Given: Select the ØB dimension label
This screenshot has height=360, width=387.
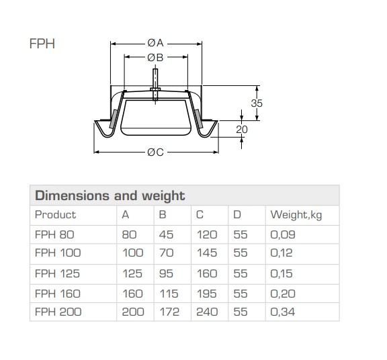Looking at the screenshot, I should click(156, 58).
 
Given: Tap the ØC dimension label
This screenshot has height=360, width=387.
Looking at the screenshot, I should click(156, 152).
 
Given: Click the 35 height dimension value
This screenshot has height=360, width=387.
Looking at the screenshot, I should click(257, 103).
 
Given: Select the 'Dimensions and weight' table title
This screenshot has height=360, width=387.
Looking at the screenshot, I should click(109, 196).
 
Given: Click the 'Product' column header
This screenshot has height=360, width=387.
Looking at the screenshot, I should click(55, 215).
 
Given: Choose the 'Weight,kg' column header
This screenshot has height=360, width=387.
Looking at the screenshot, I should click(295, 215).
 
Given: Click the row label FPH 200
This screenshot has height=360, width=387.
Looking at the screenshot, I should click(57, 312).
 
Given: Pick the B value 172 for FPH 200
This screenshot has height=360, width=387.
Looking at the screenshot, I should click(168, 312).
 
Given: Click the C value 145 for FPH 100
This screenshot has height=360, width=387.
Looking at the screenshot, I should click(205, 253).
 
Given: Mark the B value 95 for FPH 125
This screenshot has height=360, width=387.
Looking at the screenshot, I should click(165, 273).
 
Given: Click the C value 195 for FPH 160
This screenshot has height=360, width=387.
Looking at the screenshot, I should click(205, 293).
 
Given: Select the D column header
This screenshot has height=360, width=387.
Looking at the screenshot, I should click(237, 215).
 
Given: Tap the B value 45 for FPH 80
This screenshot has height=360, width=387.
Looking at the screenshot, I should click(165, 234).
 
